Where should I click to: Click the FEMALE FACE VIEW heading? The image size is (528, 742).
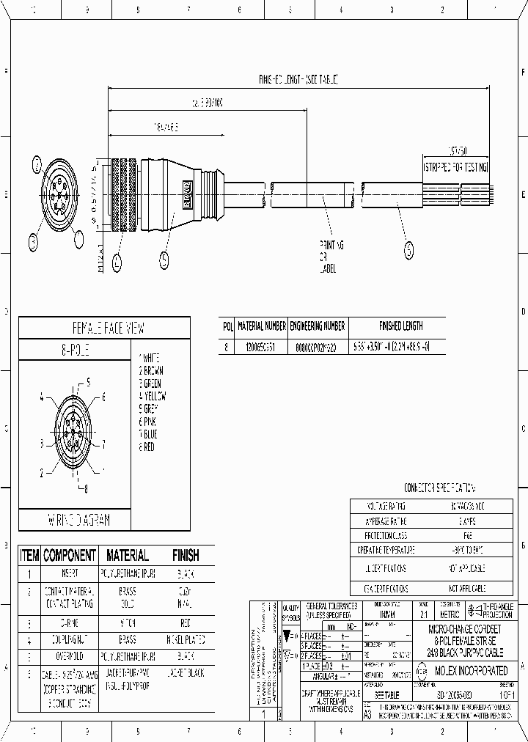coord(103,327)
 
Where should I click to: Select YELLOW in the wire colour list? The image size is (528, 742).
coord(153,397)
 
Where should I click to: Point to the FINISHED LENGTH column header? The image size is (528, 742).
coord(400,326)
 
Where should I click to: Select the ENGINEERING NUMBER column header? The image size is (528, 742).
coord(318,326)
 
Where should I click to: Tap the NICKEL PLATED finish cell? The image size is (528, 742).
coord(185,640)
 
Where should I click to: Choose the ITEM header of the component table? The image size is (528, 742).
coord(29,556)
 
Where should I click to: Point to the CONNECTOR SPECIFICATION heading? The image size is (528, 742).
coord(439,488)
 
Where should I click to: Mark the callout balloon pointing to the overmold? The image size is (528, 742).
coord(164,258)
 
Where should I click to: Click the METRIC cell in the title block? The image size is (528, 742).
coord(448,614)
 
